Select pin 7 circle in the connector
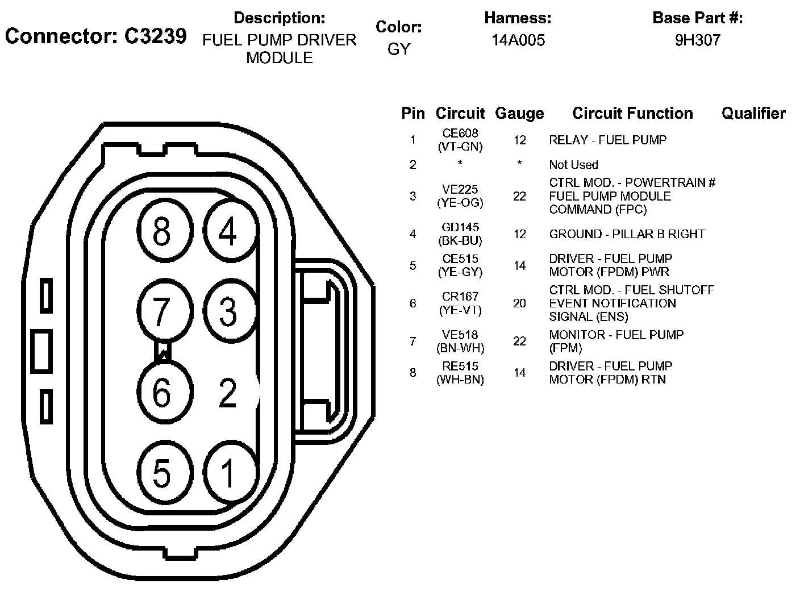(x=162, y=311)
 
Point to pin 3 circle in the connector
(x=228, y=311)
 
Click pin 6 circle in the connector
(x=162, y=391)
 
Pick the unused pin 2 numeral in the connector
(x=228, y=393)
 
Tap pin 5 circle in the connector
(x=162, y=473)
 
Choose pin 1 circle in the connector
(x=228, y=473)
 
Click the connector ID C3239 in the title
(x=155, y=36)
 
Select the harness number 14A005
(x=518, y=40)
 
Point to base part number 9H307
(x=697, y=40)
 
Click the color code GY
(x=398, y=49)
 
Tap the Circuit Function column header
(x=632, y=114)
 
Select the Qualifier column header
(x=753, y=114)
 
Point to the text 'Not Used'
(x=573, y=165)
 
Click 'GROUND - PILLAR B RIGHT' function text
(x=627, y=234)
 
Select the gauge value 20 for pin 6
(x=519, y=303)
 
